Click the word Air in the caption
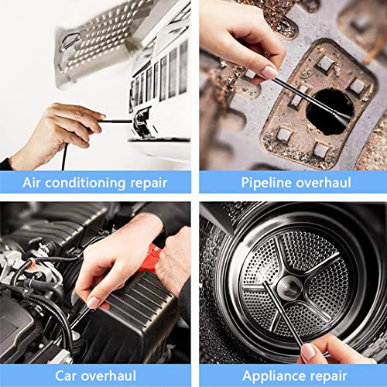pyautogui.click(x=33, y=183)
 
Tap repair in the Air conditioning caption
pyautogui.click(x=150, y=183)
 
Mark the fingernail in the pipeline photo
pyautogui.click(x=269, y=71)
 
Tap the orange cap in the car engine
pyautogui.click(x=33, y=267)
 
